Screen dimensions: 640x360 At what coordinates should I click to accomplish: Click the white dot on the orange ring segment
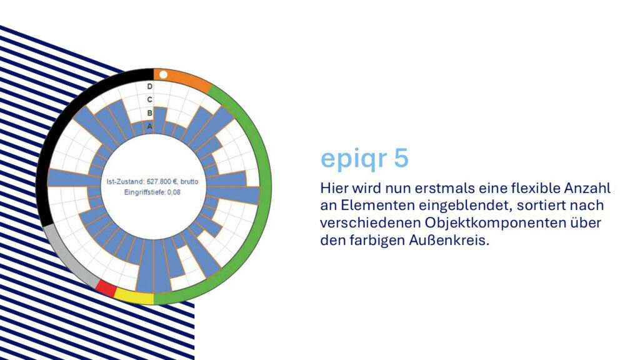pyautogui.click(x=163, y=75)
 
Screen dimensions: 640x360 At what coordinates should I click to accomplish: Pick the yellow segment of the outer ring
pyautogui.click(x=134, y=297)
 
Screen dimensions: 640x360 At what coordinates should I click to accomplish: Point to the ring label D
pyautogui.click(x=150, y=86)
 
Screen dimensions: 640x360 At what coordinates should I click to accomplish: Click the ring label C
pyautogui.click(x=150, y=99)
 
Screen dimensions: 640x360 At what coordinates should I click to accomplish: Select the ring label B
pyautogui.click(x=150, y=113)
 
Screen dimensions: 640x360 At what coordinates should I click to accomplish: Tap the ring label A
pyautogui.click(x=150, y=126)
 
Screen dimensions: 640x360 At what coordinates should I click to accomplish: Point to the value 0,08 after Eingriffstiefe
pyautogui.click(x=174, y=192)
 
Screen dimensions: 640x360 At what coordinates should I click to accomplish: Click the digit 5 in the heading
pyautogui.click(x=401, y=158)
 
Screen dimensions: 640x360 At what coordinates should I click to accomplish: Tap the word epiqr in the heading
pyautogui.click(x=354, y=160)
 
